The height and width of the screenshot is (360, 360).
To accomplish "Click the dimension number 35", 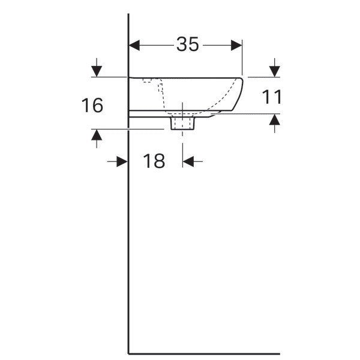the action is pyautogui.click(x=187, y=44).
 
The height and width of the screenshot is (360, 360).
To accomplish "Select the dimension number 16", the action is pyautogui.click(x=92, y=106).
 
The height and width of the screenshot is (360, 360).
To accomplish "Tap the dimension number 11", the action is pyautogui.click(x=272, y=97).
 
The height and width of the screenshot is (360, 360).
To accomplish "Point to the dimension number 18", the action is pyautogui.click(x=154, y=161).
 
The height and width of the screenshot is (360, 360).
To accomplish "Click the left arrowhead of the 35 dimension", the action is pyautogui.click(x=134, y=45).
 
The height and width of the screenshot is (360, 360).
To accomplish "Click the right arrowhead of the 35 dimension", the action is pyautogui.click(x=236, y=45).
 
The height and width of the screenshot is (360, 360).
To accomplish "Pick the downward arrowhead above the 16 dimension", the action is pyautogui.click(x=97, y=71).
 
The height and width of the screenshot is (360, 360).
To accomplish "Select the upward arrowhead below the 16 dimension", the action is pyautogui.click(x=97, y=135).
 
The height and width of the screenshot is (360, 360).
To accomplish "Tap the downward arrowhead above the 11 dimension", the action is pyautogui.click(x=275, y=71).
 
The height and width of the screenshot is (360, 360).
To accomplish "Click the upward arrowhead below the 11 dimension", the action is pyautogui.click(x=275, y=119).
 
